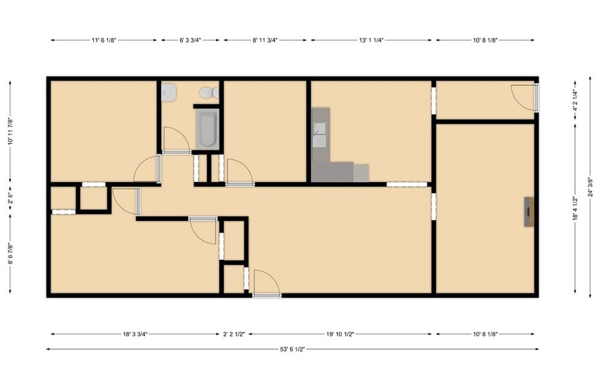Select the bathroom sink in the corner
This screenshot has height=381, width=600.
point(168,92)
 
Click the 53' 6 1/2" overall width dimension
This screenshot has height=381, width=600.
point(293,349)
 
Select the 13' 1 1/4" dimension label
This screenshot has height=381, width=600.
point(371,40)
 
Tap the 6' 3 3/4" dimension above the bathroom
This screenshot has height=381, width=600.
point(190,40)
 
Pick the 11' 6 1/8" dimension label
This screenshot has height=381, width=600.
point(104,40)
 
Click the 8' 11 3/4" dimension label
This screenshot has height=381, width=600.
point(265,40)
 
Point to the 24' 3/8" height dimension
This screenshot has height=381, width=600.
point(590,189)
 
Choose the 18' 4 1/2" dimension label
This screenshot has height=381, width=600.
point(575,208)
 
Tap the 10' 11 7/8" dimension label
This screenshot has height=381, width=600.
point(10,131)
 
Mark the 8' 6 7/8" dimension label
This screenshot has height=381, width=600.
point(10,253)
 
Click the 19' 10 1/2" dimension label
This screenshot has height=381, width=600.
point(340,334)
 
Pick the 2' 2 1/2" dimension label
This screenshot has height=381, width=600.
point(234,334)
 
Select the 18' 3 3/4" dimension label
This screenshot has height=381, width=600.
point(135,334)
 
